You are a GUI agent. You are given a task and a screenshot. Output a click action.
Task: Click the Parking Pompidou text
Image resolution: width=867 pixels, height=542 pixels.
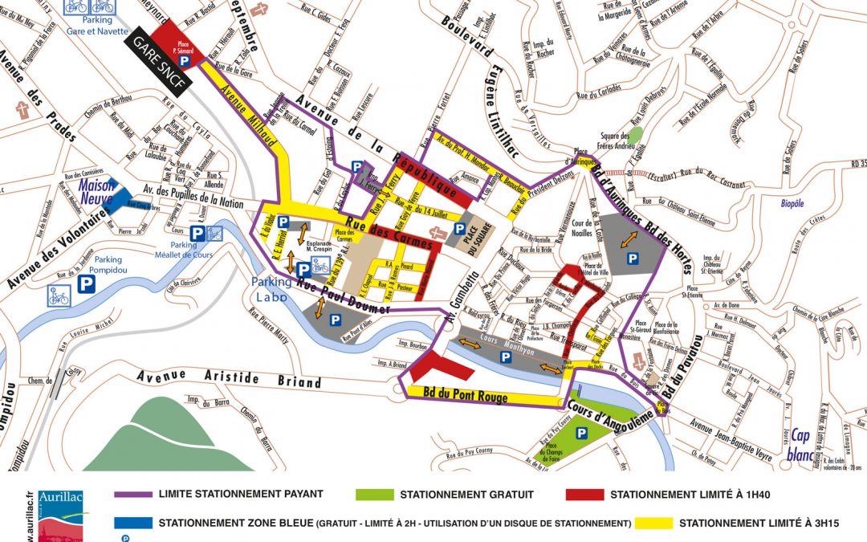click(108, 265)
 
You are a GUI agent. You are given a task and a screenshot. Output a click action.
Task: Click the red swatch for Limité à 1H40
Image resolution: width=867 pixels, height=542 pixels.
click(585, 495)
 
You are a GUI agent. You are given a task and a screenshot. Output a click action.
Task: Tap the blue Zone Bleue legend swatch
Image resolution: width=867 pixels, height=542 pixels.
click(133, 524)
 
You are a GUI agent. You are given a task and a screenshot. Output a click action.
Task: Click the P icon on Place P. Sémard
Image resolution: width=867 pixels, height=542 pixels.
click(184, 60)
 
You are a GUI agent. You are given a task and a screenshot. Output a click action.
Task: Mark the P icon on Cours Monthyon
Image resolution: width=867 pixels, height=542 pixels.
click(506, 356)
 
